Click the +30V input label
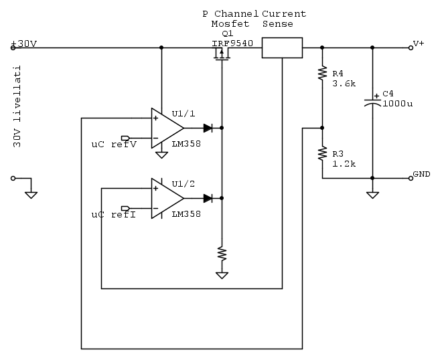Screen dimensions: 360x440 pos(24,44)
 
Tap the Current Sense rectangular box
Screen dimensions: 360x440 pos(282,48)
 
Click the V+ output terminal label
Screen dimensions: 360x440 pos(419,43)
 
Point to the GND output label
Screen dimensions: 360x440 pos(421,174)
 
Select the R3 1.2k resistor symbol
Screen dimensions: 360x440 pos(322,153)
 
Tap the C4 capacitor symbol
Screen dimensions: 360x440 pos(372,102)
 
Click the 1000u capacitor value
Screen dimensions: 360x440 pos(397,104)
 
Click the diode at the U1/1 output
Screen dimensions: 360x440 pos(208,126)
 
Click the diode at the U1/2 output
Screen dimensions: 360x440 pos(208,198)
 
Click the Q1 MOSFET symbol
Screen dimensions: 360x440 pos(221,56)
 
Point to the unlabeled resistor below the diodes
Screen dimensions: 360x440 pos(221,254)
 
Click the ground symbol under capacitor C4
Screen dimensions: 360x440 pos(372,195)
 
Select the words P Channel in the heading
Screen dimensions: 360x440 pos(230,13)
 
